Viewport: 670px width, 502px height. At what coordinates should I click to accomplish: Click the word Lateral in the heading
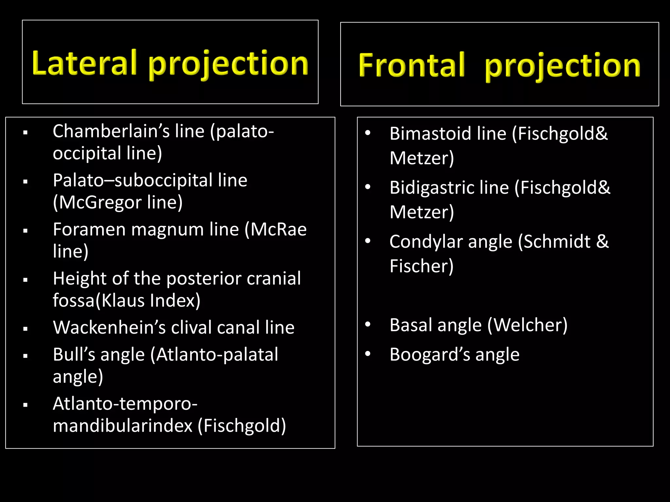pos(84,63)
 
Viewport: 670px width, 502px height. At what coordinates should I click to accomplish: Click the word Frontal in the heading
pos(411,65)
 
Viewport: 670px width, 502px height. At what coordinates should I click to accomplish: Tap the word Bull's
pos(74,355)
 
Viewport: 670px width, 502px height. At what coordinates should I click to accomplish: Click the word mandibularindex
pos(123,426)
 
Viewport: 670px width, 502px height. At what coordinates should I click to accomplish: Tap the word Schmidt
pos(557,242)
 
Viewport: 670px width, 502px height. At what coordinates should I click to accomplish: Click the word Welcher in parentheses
pos(527,325)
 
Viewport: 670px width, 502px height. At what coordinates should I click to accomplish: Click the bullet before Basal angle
pos(368,325)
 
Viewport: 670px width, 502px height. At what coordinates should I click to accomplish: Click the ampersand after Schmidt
pos(602,242)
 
